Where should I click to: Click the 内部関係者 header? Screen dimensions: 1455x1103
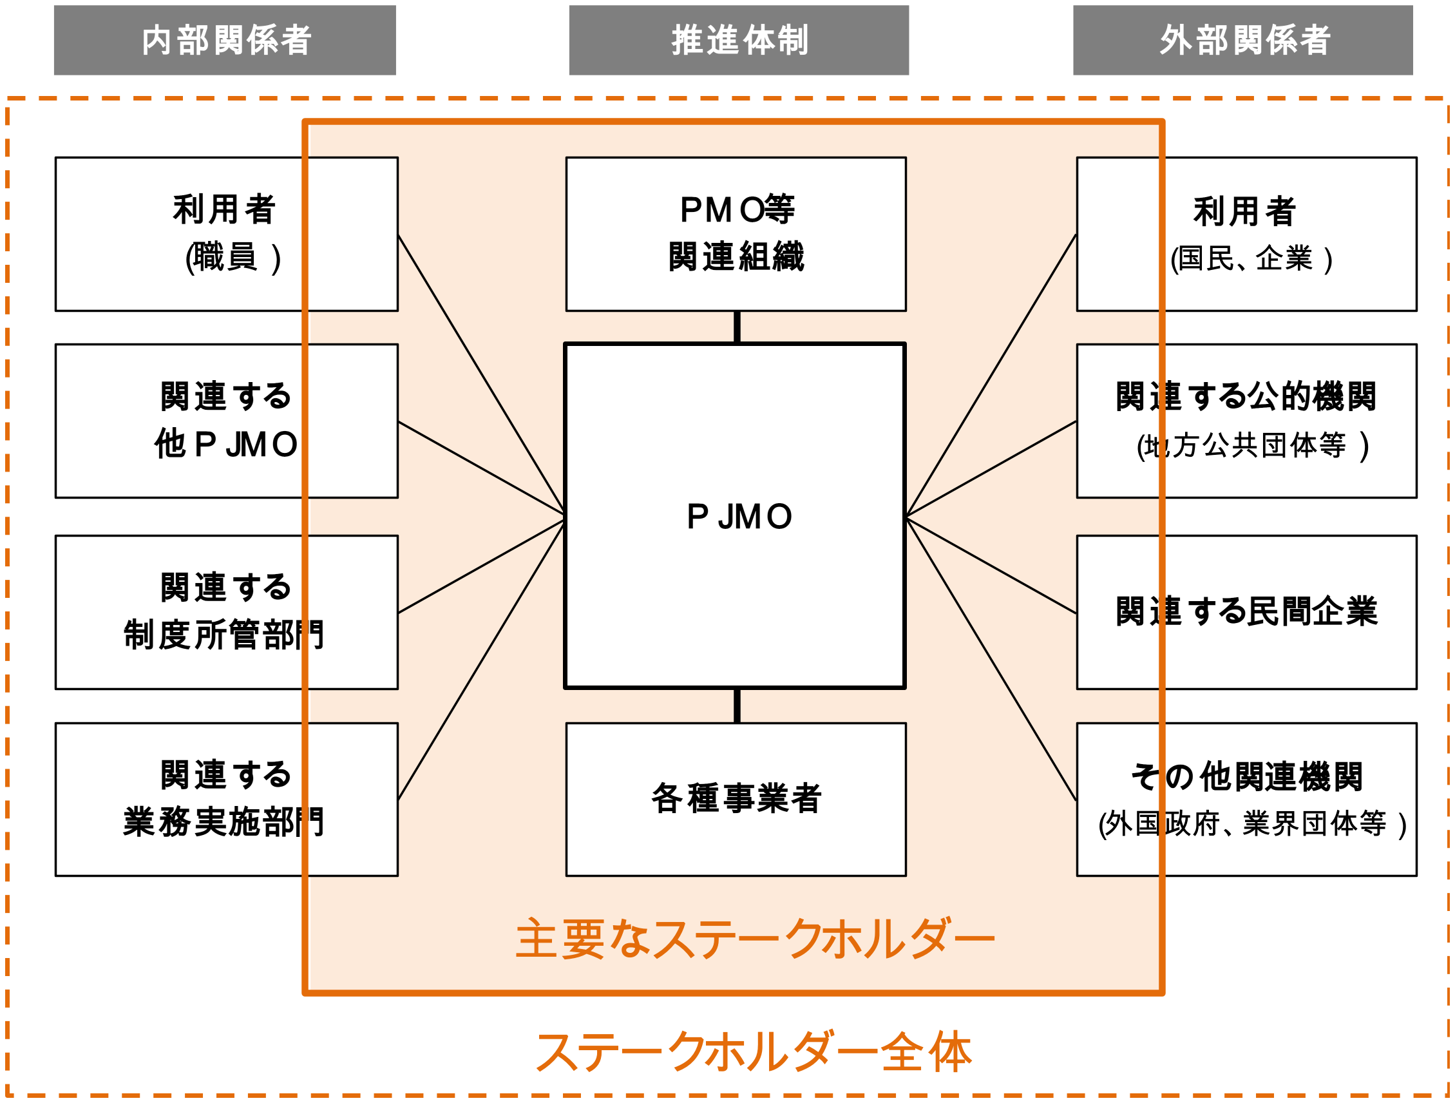point(225,40)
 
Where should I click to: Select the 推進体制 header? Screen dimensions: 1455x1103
point(739,40)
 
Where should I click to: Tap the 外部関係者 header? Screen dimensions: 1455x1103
point(1242,40)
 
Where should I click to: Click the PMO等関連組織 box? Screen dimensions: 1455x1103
point(736,234)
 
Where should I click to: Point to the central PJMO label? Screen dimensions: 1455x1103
point(739,517)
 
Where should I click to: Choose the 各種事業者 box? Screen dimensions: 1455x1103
point(736,800)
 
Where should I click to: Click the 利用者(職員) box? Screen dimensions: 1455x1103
point(226,234)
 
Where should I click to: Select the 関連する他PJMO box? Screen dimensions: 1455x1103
point(226,421)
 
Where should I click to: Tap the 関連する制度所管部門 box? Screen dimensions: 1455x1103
point(226,612)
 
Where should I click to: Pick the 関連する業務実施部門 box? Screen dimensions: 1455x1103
point(226,800)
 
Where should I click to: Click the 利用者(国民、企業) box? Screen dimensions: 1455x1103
point(1246,234)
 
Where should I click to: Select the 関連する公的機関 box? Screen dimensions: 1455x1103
point(1246,421)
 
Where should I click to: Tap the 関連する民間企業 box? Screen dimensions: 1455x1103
point(1246,612)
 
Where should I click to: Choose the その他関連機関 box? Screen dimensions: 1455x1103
point(1246,800)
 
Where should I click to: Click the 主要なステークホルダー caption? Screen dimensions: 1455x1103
point(754,939)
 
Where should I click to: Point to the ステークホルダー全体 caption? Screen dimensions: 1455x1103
point(754,1051)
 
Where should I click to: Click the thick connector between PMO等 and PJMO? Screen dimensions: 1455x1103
point(737,327)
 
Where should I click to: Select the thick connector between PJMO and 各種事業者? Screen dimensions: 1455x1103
point(737,705)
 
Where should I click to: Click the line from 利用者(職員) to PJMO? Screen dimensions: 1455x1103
point(481,374)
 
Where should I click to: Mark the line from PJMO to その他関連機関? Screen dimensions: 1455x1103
point(991,660)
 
